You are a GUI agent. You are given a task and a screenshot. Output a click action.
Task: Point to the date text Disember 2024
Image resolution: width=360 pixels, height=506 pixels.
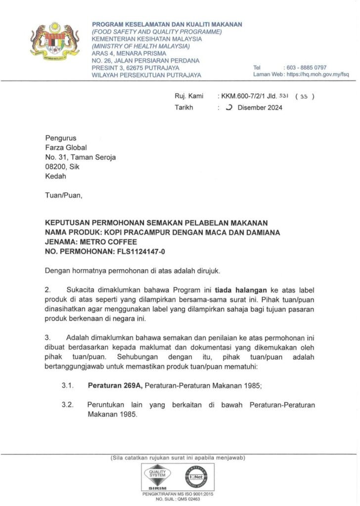coord(260,108)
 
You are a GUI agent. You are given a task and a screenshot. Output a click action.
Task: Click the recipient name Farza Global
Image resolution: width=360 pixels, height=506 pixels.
coord(66,147)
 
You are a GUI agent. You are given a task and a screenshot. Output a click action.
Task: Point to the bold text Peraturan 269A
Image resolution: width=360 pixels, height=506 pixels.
coord(115,384)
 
